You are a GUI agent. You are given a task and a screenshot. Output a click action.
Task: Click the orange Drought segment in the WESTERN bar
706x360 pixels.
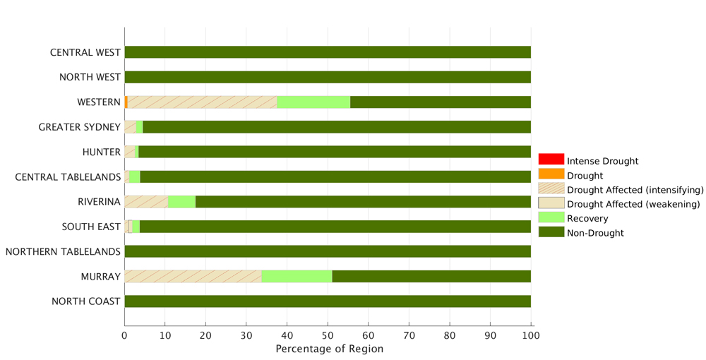[x=126, y=102]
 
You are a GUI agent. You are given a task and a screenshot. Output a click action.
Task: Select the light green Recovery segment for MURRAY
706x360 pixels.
[x=297, y=276]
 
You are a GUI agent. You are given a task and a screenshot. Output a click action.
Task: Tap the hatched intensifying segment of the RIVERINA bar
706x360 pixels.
[x=146, y=202]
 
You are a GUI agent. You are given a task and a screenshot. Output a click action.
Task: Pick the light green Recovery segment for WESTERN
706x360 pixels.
[x=313, y=102]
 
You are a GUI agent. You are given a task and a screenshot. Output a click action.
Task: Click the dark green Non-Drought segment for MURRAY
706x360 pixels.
[x=431, y=276]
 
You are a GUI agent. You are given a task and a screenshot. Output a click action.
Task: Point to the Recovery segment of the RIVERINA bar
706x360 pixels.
[x=182, y=202]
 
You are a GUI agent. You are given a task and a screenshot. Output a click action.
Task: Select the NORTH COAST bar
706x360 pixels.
[x=328, y=301]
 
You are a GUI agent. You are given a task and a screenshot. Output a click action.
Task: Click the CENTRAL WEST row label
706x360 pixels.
[x=85, y=53]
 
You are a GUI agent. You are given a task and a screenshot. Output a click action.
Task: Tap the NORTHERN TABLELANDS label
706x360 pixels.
[x=63, y=251]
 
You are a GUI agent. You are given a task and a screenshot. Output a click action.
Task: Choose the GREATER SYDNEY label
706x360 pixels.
[x=80, y=127]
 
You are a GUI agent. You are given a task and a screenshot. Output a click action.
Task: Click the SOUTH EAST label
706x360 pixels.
[x=91, y=227]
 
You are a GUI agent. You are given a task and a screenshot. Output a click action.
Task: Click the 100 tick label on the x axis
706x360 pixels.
[x=531, y=336]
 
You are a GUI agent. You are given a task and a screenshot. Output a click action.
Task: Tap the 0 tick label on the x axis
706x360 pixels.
[x=125, y=336]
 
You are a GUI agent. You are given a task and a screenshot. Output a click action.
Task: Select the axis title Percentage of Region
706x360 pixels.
[x=330, y=349]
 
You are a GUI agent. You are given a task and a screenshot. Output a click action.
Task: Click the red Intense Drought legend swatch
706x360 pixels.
[x=551, y=160]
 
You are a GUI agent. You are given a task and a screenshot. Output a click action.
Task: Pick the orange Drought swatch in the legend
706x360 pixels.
[x=551, y=174]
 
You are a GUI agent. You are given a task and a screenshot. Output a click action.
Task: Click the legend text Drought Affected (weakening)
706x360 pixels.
[x=633, y=204]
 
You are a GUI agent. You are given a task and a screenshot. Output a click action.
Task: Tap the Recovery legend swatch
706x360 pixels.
[x=551, y=217]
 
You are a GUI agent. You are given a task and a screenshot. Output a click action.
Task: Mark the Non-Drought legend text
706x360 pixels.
[x=595, y=233]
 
